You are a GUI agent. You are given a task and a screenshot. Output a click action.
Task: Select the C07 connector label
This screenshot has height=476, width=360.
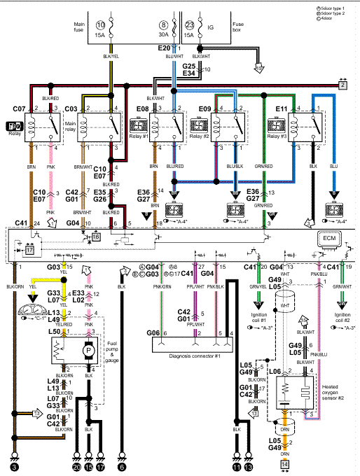click(19, 109)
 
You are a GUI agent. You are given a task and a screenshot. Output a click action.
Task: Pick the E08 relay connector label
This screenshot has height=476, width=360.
click(142, 109)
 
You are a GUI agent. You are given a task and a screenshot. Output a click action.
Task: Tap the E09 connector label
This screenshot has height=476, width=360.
click(205, 109)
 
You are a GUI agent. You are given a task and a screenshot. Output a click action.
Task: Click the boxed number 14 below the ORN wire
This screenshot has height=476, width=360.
click(285, 463)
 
